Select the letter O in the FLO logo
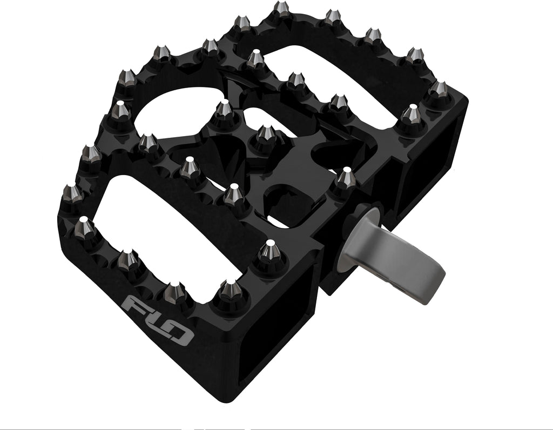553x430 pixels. point(180,333)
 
